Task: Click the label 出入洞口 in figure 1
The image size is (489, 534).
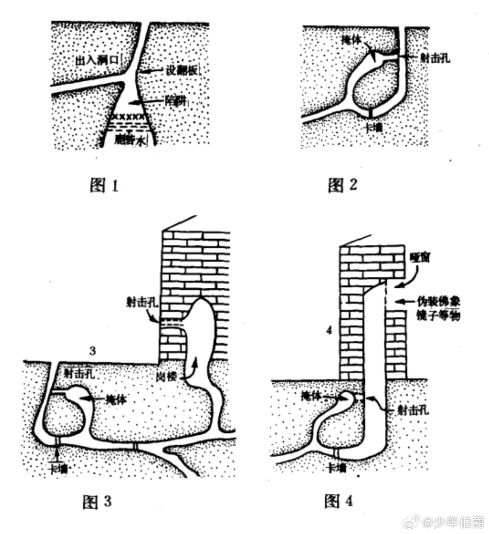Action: pyautogui.click(x=97, y=60)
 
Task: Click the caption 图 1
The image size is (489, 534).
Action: pyautogui.click(x=104, y=185)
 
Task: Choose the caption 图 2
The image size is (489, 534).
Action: pyautogui.click(x=342, y=185)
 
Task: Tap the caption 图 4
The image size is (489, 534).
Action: pyautogui.click(x=339, y=501)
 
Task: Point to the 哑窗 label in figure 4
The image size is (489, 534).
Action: pyautogui.click(x=420, y=257)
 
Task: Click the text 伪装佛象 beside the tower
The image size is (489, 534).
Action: pyautogui.click(x=438, y=302)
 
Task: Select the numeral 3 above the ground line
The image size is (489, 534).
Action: pyautogui.click(x=93, y=350)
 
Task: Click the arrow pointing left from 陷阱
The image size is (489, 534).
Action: pyautogui.click(x=145, y=102)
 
